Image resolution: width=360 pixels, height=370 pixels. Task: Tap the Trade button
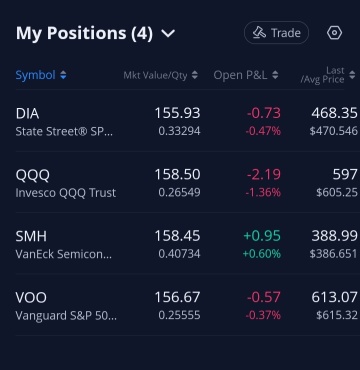[276, 33]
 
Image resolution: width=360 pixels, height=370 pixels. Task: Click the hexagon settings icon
[334, 33]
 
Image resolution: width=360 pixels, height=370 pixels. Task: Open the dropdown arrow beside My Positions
[168, 33]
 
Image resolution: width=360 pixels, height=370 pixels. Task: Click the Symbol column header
[36, 75]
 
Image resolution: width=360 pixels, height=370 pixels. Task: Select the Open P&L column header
[240, 75]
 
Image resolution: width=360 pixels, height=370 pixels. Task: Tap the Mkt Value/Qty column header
[155, 75]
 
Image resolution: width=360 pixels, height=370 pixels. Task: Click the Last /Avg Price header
[322, 75]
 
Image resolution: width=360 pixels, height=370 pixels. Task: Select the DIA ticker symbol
[27, 114]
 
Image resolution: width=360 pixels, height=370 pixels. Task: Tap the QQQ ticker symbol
[33, 175]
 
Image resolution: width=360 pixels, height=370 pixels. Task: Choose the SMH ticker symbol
[31, 236]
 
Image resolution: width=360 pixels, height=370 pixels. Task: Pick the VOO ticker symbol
[31, 298]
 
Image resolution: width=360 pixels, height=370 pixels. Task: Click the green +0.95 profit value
[262, 236]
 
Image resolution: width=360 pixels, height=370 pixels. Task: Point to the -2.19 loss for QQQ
[264, 174]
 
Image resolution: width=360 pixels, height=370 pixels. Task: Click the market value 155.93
[177, 113]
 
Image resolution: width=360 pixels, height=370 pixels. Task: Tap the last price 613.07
[334, 297]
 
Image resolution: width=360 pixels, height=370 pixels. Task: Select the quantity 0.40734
[179, 254]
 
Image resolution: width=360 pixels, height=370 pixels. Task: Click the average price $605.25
[337, 193]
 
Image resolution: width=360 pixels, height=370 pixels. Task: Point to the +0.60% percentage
[262, 254]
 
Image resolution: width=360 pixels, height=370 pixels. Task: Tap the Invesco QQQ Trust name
[66, 193]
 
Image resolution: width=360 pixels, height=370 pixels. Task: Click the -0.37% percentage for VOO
[263, 315]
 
